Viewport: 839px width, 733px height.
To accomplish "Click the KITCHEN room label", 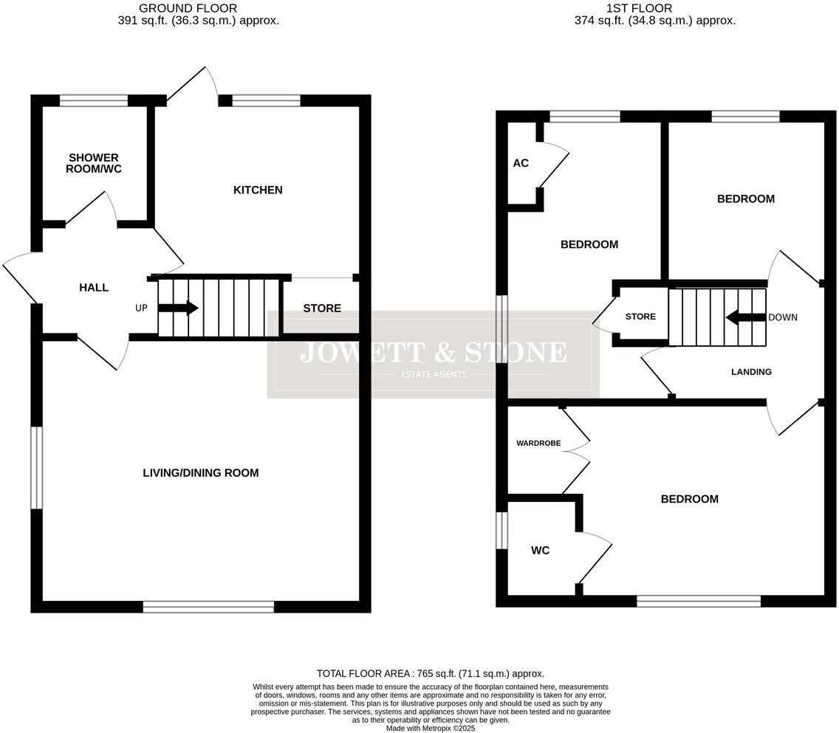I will click(258, 190).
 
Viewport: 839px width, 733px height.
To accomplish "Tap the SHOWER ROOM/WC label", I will click(94, 163).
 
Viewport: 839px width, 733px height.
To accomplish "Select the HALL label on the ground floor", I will click(94, 287).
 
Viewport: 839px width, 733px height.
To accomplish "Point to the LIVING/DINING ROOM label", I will click(201, 472).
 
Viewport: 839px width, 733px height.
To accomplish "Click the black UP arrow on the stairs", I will click(178, 308).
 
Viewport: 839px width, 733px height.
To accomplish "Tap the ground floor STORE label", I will click(322, 308).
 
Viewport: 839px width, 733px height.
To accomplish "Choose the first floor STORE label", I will click(640, 317).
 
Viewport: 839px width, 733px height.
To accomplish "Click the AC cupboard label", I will click(521, 163).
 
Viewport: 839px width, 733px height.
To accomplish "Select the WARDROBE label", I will click(538, 444).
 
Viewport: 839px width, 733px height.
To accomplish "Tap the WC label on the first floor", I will click(540, 551).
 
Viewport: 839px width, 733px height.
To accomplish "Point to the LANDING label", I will click(751, 372).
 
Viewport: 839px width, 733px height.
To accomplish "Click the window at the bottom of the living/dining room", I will click(208, 607).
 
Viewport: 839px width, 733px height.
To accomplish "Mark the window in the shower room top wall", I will click(94, 101).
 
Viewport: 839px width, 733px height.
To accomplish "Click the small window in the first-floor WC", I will click(501, 530).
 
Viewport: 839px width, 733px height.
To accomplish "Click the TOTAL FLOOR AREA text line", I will click(430, 673).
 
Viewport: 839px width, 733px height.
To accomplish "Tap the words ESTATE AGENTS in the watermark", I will click(434, 374).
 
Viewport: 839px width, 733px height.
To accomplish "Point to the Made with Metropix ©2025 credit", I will click(430, 728).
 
